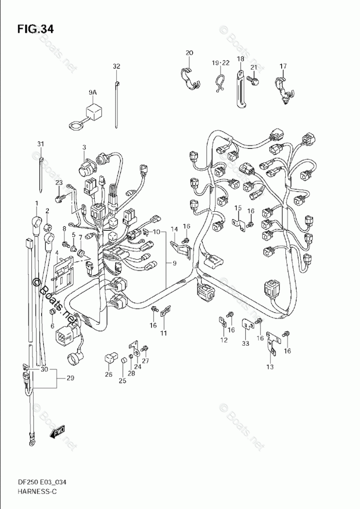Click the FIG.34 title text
pyautogui.click(x=35, y=29)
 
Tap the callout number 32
pyautogui.click(x=116, y=66)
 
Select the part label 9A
pyautogui.click(x=92, y=92)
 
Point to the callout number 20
pyautogui.click(x=189, y=53)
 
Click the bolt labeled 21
pyautogui.click(x=252, y=79)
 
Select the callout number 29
pyautogui.click(x=70, y=379)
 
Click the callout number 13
pyautogui.click(x=270, y=367)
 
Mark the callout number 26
pyautogui.click(x=108, y=375)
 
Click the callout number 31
pyautogui.click(x=41, y=144)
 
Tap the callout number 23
pyautogui.click(x=59, y=183)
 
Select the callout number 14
pyautogui.click(x=174, y=229)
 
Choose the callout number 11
pyautogui.click(x=163, y=333)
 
